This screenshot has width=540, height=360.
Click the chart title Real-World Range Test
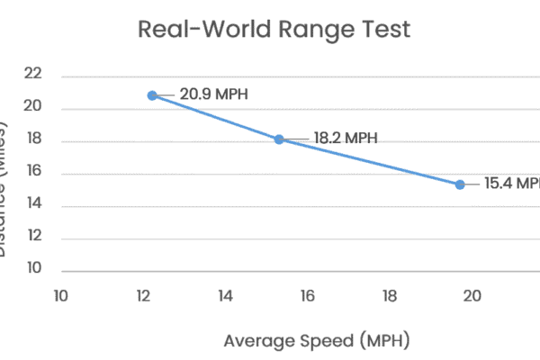tap(274, 29)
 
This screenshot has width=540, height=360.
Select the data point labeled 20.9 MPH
tap(152, 95)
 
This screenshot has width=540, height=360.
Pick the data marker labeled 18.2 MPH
tap(279, 139)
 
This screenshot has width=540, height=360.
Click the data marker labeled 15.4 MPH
tap(460, 184)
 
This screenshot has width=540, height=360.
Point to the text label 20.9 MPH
tap(214, 94)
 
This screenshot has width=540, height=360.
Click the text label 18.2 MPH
tap(345, 139)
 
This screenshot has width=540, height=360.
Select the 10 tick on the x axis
tap(61, 295)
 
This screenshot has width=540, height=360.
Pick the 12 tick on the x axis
tap(143, 295)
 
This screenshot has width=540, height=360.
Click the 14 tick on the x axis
tap(225, 295)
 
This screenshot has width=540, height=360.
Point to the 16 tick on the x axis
tap(307, 295)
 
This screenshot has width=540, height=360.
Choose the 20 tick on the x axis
tap(472, 295)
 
